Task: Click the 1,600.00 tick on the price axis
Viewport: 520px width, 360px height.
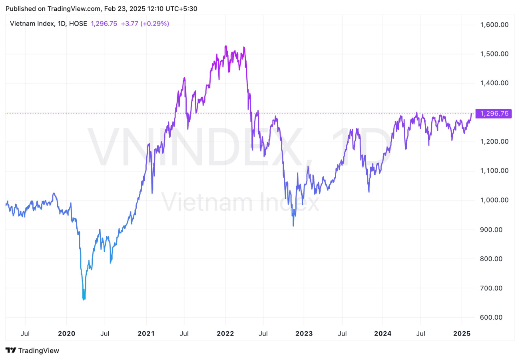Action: click(494, 25)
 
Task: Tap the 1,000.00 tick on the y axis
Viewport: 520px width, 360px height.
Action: click(494, 200)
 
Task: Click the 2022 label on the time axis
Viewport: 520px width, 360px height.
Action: click(225, 333)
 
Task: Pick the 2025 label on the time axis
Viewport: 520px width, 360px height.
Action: click(462, 333)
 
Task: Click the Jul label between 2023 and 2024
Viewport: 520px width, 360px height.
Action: click(342, 333)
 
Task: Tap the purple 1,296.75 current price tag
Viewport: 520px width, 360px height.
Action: click(494, 114)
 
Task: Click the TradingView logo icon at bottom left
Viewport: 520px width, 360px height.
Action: click(11, 351)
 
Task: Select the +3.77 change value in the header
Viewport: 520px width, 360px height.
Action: click(127, 24)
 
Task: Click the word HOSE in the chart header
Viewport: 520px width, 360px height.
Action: click(78, 24)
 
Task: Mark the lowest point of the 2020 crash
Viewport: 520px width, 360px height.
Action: click(84, 299)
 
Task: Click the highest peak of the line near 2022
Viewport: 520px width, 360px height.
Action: click(226, 46)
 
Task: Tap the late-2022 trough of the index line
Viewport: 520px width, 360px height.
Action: click(293, 226)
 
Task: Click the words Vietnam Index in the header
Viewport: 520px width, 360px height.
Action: click(32, 24)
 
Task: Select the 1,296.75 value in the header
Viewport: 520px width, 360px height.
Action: click(104, 24)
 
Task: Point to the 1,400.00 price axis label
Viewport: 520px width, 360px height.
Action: click(494, 83)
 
